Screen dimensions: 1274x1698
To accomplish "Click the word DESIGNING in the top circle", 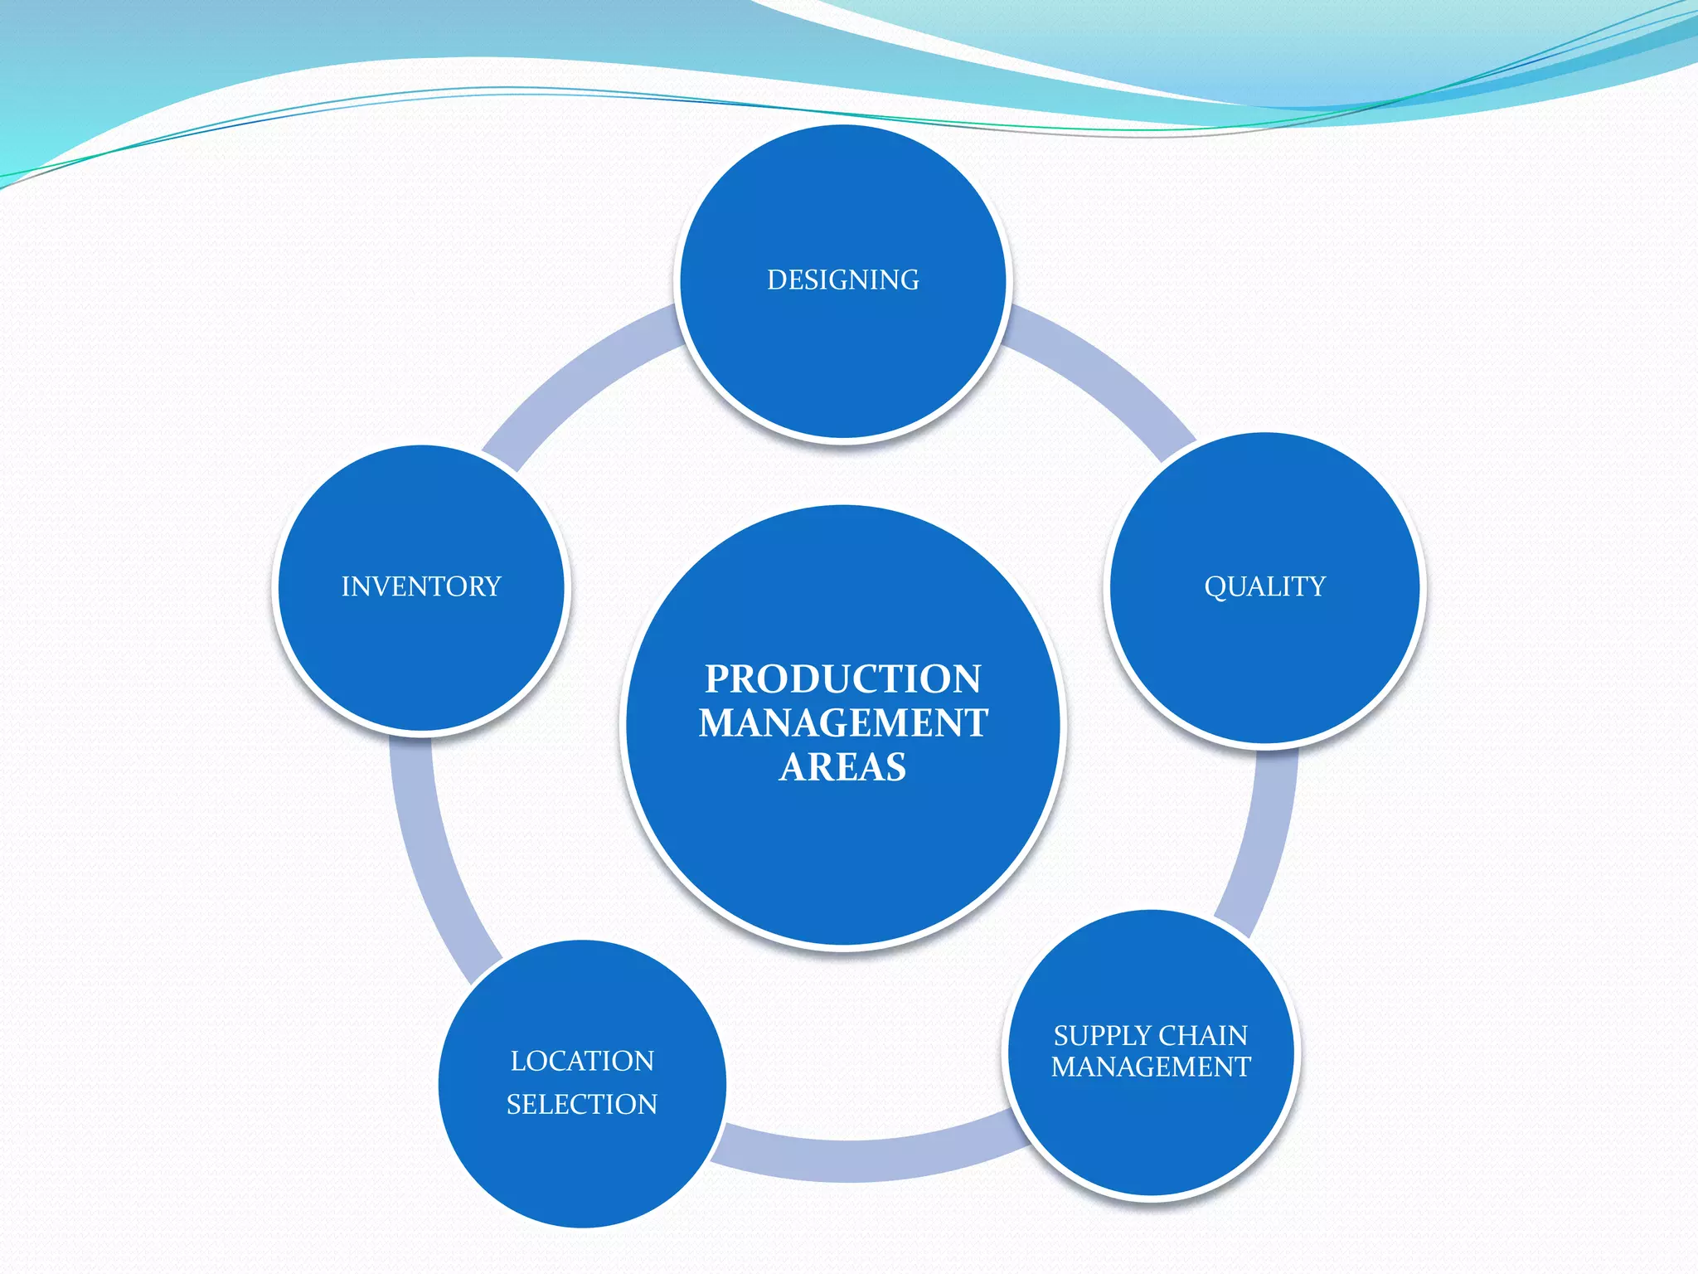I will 842,280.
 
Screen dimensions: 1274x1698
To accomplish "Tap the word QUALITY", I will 1264,586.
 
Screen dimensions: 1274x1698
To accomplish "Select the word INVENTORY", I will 421,586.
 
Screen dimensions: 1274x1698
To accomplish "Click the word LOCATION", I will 582,1061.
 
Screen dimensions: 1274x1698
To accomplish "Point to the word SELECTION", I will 582,1105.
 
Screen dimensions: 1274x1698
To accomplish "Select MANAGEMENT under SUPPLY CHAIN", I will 1151,1067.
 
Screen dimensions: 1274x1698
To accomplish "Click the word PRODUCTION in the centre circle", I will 842,679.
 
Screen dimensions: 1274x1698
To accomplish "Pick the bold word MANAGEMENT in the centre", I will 842,723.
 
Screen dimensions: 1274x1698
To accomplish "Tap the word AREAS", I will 842,767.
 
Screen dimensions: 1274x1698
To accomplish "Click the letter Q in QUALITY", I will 1215,587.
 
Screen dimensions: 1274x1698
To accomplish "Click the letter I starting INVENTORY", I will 346,586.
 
